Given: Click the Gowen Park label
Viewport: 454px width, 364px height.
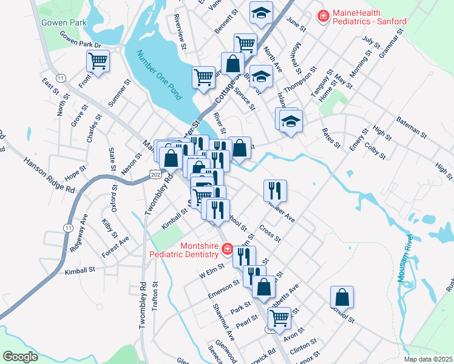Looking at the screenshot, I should point(61,23).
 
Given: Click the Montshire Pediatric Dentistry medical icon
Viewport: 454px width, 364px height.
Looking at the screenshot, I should point(227,249).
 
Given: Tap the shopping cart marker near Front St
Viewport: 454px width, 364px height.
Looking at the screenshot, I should point(98,61).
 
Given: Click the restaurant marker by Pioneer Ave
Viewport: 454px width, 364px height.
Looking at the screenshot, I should point(275,190).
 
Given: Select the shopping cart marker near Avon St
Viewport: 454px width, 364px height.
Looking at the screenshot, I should point(279,317).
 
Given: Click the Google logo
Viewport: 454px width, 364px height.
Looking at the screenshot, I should point(20,356).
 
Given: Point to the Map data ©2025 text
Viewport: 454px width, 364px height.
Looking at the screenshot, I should point(428,359).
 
